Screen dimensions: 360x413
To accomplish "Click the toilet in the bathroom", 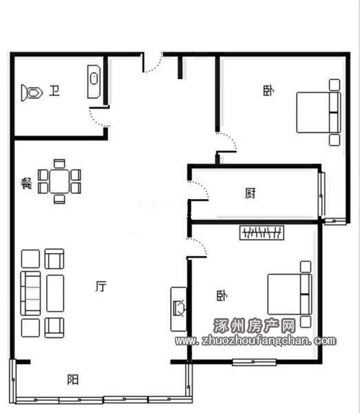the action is coord(32,93).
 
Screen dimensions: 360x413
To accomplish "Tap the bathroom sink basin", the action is coord(94,82).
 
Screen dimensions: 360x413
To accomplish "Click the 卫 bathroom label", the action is coord(54,91).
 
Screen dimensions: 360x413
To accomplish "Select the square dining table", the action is coord(59,181).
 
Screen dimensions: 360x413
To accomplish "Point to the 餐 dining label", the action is coord(27,183).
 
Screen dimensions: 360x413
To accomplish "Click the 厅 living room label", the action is coord(101,286).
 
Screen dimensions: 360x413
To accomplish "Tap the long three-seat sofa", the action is coord(30,293).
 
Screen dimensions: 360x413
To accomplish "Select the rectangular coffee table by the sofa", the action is coord(55,293).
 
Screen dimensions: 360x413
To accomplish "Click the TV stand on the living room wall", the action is coord(179,309).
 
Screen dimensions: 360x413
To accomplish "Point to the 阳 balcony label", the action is coord(73,379).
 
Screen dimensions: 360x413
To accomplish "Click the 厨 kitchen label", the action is coord(250,193).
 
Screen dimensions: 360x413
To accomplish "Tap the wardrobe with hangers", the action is coord(262,233).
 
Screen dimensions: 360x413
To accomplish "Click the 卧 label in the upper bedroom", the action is coord(268,91).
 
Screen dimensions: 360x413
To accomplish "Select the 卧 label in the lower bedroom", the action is coord(222,296).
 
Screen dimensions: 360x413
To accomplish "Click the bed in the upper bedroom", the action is coord(319,112).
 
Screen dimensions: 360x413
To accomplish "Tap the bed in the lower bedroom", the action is coord(290,294).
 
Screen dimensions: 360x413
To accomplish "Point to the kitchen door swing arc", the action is coord(202,189).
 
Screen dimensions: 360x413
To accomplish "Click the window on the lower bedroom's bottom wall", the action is coord(254,362).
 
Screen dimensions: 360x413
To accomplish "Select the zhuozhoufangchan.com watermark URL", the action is coord(255,341).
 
